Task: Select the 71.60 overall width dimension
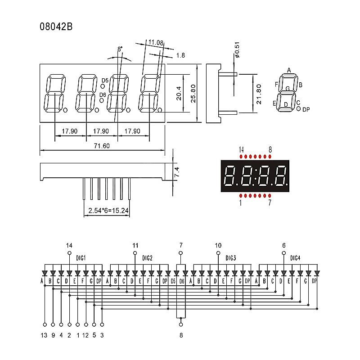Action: pyautogui.click(x=102, y=146)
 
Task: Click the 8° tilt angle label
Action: pyautogui.click(x=120, y=48)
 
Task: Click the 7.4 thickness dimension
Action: pyautogui.click(x=177, y=171)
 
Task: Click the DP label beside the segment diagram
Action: pyautogui.click(x=306, y=109)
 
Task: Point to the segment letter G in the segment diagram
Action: pyautogui.click(x=287, y=89)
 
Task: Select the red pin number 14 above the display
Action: pyautogui.click(x=242, y=149)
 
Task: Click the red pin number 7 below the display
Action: pyautogui.click(x=270, y=203)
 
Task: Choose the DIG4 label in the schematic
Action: pyautogui.click(x=295, y=258)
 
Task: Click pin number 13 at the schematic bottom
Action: pyautogui.click(x=44, y=335)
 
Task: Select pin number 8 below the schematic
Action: pyautogui.click(x=181, y=335)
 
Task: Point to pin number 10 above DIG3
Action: pyautogui.click(x=218, y=246)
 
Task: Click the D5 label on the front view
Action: pyautogui.click(x=105, y=81)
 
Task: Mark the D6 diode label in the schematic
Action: pyautogui.click(x=182, y=281)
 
